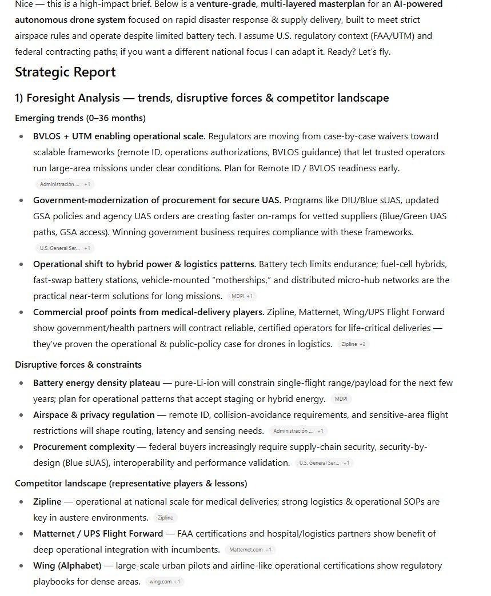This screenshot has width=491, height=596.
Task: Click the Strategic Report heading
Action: (65, 72)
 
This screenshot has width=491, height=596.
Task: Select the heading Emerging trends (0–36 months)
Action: (80, 118)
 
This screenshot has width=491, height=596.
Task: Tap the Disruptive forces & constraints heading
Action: (78, 365)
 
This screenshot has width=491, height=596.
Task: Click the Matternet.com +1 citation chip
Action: (250, 550)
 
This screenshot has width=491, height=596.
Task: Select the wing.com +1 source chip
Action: (164, 582)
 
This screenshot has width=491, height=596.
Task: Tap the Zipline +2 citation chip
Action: (353, 344)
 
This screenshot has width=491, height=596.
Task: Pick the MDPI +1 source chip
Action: (242, 296)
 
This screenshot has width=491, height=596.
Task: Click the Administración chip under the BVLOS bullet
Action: (65, 184)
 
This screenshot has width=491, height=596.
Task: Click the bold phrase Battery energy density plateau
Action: (97, 383)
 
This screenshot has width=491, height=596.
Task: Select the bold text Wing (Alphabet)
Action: (67, 566)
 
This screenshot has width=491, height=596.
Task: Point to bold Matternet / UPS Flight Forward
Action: (98, 534)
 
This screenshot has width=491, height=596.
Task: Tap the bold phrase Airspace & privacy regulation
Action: (94, 415)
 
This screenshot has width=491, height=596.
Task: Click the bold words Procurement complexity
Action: (84, 447)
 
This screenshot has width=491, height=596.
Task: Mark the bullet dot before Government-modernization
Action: (22, 201)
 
